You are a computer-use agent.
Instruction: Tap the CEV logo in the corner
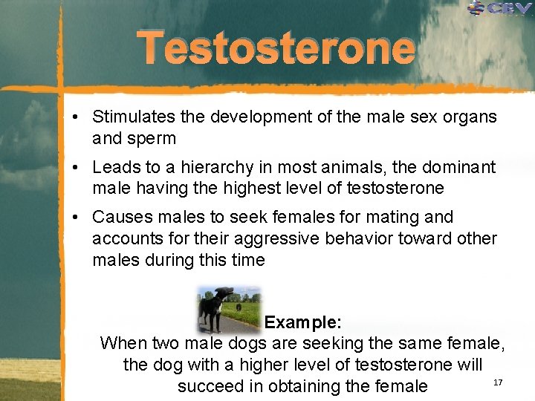pos(499,8)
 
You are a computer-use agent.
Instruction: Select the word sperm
pos(152,138)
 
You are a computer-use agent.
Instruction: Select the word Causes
pos(120,217)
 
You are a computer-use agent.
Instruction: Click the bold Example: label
pos(303,322)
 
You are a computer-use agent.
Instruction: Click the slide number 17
pos(498,382)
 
